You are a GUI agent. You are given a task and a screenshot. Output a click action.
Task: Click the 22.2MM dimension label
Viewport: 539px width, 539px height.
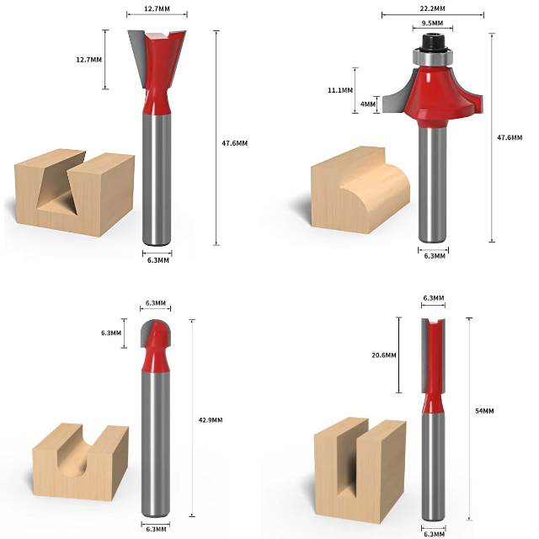432,8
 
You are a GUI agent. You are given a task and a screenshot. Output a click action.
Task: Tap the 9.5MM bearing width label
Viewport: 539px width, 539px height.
432,23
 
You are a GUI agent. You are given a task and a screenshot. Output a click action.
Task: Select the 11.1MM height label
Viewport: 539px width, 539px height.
340,90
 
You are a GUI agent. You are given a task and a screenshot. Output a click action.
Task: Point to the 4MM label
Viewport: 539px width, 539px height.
368,104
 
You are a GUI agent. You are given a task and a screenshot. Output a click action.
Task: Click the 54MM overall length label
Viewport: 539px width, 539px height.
484,411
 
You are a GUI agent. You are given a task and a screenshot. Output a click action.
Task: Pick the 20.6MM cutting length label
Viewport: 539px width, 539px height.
384,355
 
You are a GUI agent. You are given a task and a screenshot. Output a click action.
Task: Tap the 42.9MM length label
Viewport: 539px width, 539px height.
211,419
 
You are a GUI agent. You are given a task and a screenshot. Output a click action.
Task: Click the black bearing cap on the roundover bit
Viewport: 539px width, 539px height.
433,42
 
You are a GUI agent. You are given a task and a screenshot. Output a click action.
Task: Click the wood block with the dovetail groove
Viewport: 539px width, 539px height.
74,193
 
